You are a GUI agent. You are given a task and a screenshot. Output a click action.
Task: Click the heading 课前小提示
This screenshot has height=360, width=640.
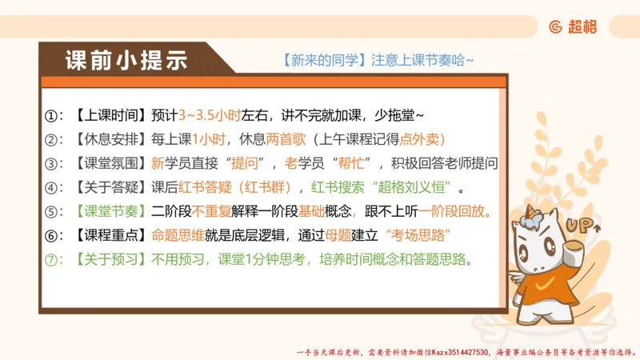click(126, 61)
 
